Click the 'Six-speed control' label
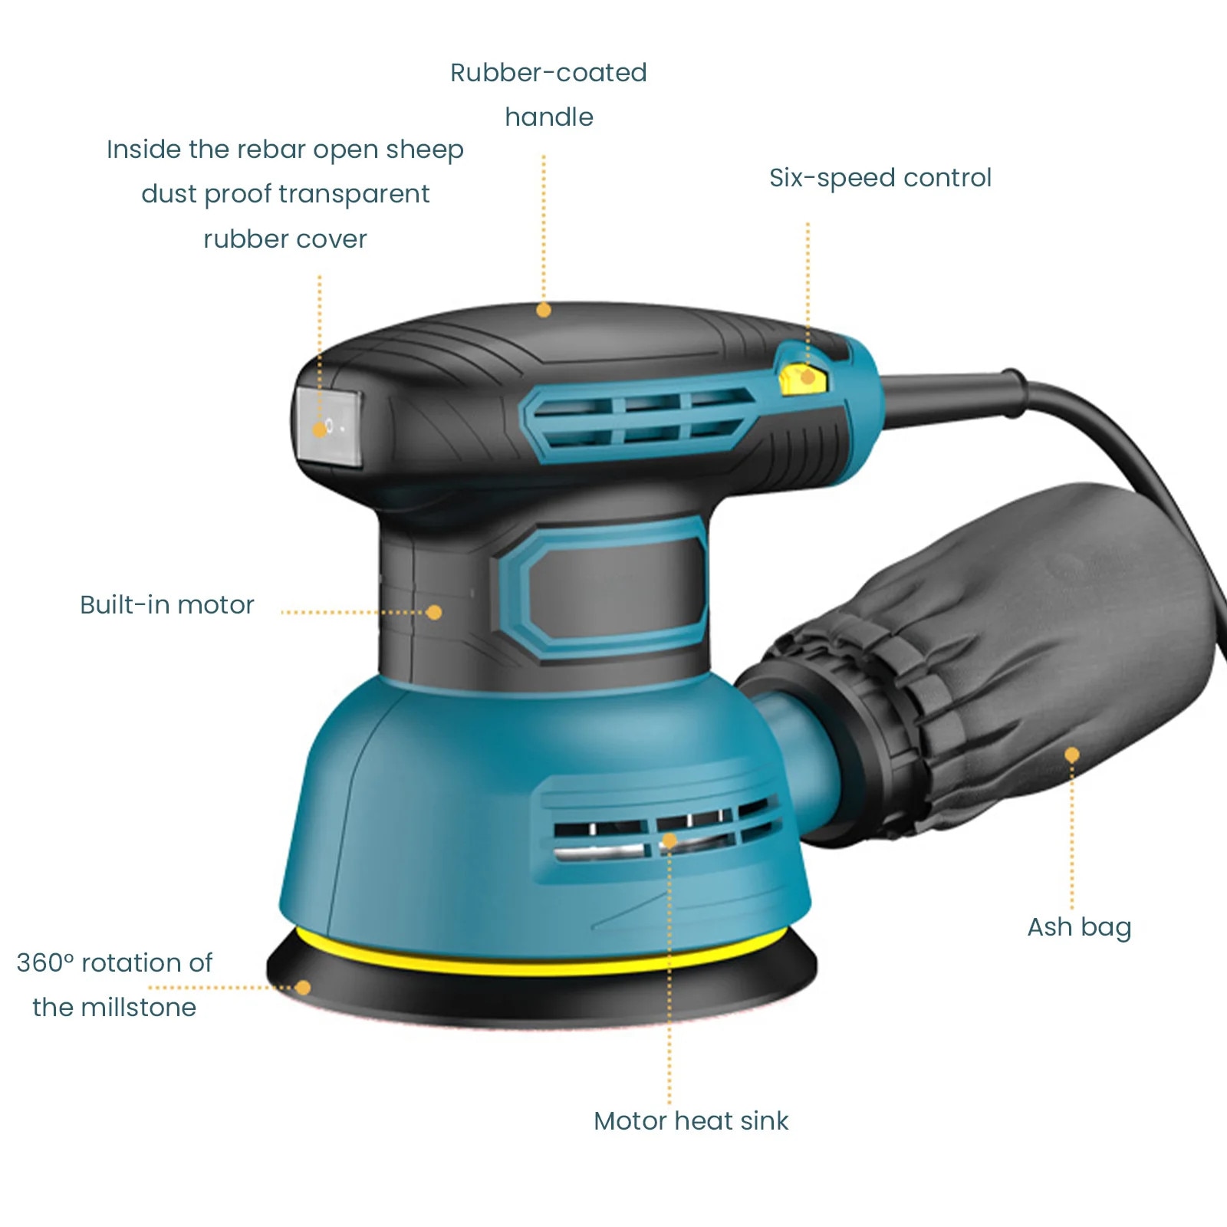point(880,178)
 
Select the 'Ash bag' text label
point(1079,928)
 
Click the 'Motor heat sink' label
point(691,1121)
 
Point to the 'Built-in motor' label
point(167,605)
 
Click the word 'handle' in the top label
point(549,117)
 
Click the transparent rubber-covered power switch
point(328,426)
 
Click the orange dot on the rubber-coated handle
point(544,311)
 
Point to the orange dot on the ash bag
point(1072,755)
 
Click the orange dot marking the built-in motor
point(434,613)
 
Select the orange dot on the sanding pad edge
point(303,988)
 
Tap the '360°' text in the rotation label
point(45,963)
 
